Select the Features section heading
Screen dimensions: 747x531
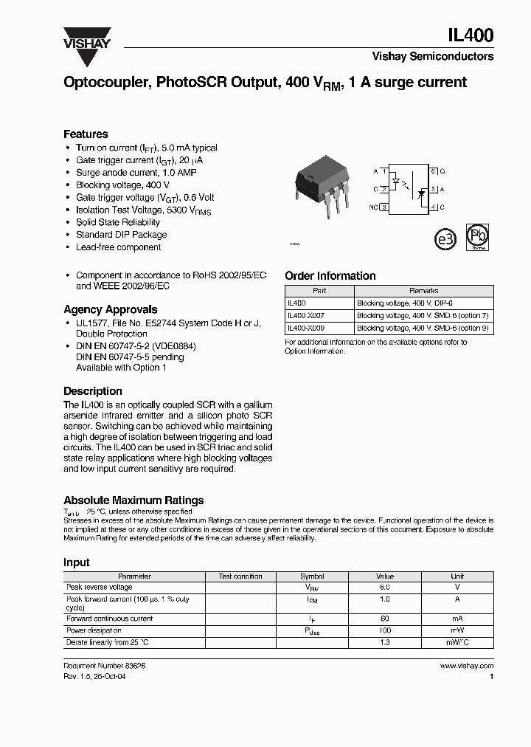point(86,134)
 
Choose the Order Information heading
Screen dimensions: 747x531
point(330,276)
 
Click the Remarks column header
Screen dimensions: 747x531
point(423,291)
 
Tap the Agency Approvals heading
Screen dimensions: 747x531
point(110,310)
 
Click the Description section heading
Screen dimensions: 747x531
point(93,391)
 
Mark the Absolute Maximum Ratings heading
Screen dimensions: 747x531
point(133,500)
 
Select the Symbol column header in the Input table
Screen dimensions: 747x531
point(312,576)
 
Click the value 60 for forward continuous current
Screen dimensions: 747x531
point(384,619)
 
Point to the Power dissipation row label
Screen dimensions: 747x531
point(94,631)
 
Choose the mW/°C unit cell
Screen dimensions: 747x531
point(457,643)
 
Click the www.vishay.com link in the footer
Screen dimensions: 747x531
point(466,666)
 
